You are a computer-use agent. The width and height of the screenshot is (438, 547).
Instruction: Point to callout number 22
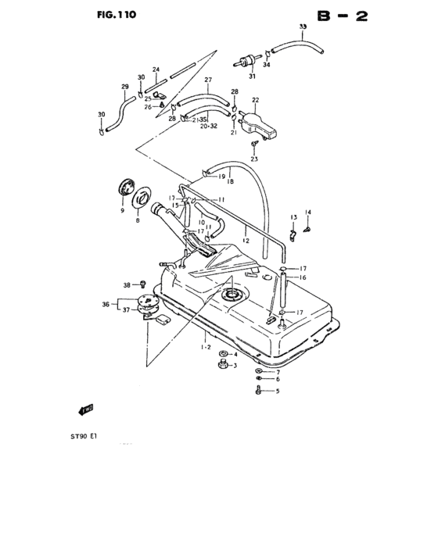tap(255, 99)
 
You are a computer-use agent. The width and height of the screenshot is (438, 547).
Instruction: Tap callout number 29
tap(124, 87)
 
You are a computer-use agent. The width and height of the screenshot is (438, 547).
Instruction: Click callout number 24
tap(156, 70)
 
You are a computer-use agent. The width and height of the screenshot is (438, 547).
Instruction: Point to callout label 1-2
tap(206, 346)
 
